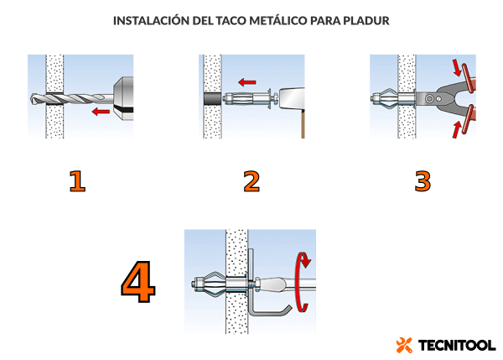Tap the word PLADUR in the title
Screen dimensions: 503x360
pyautogui.click(x=366, y=21)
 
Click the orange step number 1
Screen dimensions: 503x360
pyautogui.click(x=77, y=181)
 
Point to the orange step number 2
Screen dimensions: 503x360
pyautogui.click(x=251, y=181)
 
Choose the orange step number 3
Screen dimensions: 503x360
pyautogui.click(x=423, y=181)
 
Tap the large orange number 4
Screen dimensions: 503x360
pyautogui.click(x=138, y=282)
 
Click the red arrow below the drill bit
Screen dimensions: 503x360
pyautogui.click(x=101, y=112)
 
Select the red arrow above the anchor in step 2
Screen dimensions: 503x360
pyautogui.click(x=247, y=82)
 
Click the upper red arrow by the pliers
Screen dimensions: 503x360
pyautogui.click(x=457, y=67)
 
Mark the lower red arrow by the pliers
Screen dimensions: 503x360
pyautogui.click(x=457, y=129)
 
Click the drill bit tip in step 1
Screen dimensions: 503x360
pyautogui.click(x=34, y=98)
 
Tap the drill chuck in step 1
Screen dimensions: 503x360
pyautogui.click(x=123, y=98)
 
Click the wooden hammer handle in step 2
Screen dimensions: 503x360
pyautogui.click(x=303, y=123)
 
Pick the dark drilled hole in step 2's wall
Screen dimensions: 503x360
pyautogui.click(x=212, y=98)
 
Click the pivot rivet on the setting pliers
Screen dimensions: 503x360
pyautogui.click(x=429, y=98)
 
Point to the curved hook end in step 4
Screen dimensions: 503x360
pyautogui.click(x=287, y=310)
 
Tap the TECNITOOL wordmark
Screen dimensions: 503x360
pyautogui.click(x=457, y=346)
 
